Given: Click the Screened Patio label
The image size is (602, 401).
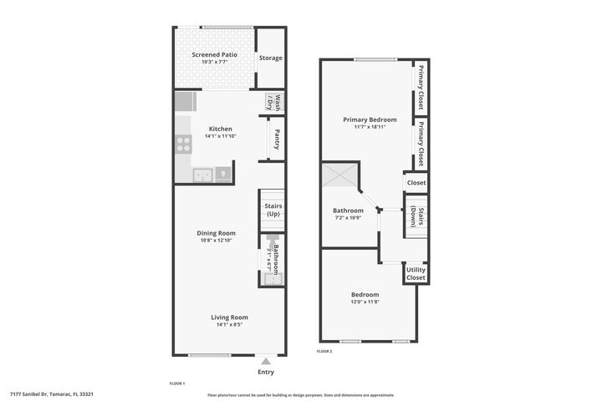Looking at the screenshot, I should click(214, 54).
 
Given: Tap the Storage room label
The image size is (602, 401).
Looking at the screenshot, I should click(270, 58).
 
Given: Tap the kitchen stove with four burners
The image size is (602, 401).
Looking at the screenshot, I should click(183, 144).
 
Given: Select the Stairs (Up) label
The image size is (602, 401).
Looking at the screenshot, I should click(272, 210).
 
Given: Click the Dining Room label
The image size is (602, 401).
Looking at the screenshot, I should click(216, 233).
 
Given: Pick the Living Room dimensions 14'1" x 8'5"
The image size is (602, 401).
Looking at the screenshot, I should click(228, 325).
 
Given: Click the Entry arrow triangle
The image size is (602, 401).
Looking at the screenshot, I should click(266, 361).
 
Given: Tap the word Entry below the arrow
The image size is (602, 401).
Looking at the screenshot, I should click(266, 373).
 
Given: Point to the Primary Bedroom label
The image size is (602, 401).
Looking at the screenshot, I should click(370, 119).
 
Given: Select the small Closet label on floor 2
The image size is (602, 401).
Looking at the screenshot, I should click(416, 182).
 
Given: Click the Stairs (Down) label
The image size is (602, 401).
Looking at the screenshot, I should click(416, 216).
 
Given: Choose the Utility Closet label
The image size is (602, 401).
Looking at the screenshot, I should click(416, 273).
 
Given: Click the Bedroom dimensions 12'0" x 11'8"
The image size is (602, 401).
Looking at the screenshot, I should click(365, 302).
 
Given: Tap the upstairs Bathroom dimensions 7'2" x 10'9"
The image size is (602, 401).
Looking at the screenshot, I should click(349, 218).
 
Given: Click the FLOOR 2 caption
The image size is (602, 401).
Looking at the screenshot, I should click(324, 352).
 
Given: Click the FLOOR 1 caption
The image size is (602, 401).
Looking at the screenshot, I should click(176, 383).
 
